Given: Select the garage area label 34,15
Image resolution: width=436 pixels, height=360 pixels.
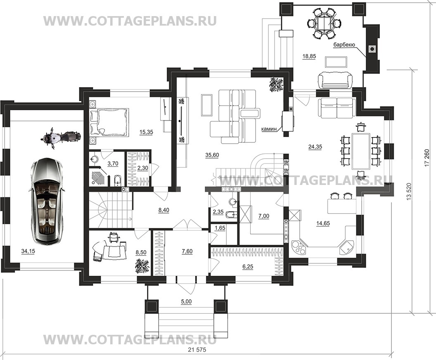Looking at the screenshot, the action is (x=28, y=252).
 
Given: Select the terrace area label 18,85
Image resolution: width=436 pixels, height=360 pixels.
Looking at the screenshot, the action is (x=309, y=57).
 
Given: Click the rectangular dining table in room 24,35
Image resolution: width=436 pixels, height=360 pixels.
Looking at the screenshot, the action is (x=361, y=151).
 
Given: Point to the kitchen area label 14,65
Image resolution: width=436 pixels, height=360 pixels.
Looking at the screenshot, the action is (x=323, y=223).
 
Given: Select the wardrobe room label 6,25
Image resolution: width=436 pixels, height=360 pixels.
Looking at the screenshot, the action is (x=248, y=267).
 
